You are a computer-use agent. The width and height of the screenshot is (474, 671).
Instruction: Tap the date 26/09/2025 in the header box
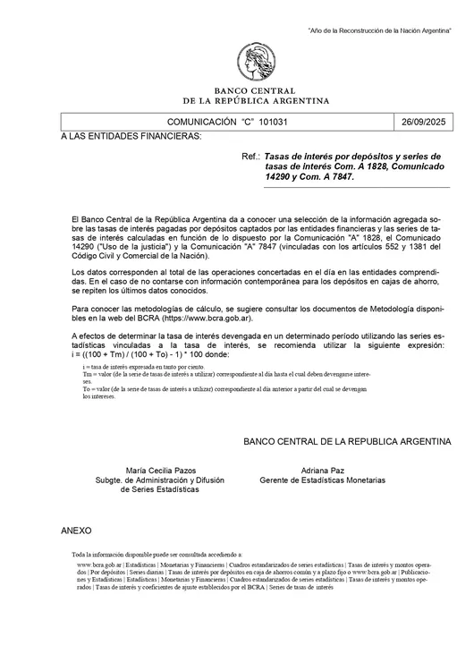(x=427, y=121)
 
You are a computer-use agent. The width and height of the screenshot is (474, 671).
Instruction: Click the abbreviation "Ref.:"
(x=251, y=156)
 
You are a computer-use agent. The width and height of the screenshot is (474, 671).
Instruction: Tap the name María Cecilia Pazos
(x=161, y=471)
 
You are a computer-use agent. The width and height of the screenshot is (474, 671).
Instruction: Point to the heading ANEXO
(x=76, y=531)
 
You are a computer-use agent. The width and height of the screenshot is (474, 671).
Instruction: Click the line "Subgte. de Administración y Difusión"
(x=161, y=480)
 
